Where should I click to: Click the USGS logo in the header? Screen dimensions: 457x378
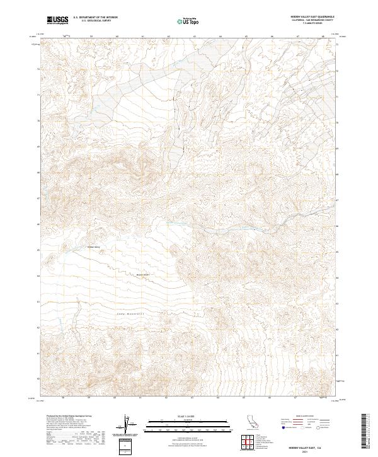(x=57, y=20)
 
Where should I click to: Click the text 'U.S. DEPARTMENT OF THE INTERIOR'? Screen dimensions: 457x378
(x=95, y=18)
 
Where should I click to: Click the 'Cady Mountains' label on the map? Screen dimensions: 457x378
(x=131, y=313)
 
